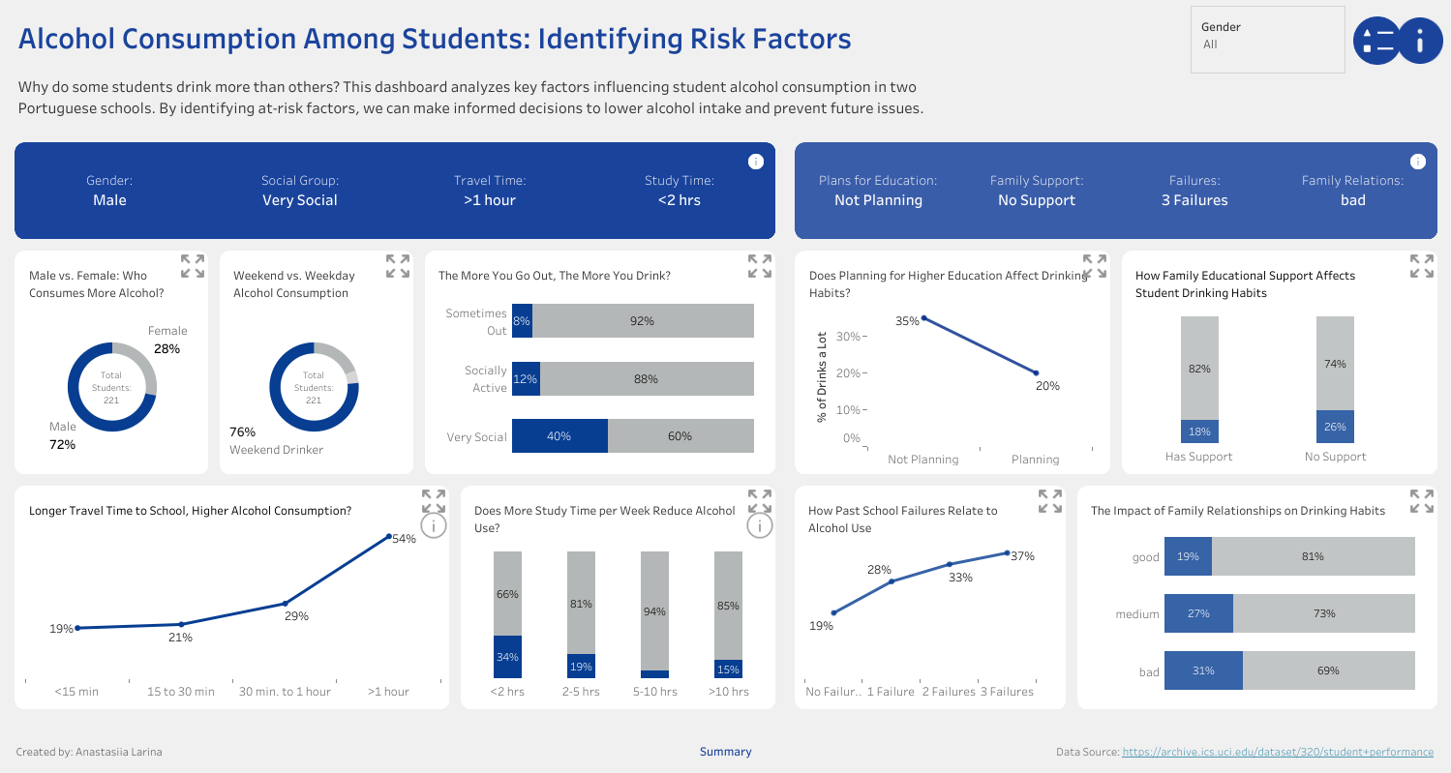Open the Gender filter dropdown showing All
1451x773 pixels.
1268,45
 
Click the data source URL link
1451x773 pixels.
1278,752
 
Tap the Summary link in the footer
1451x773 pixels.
725,752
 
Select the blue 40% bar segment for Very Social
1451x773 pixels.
559,436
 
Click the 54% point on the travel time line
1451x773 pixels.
389,536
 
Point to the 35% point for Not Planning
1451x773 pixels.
923,317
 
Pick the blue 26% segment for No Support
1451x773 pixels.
1335,427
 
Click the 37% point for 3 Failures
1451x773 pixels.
1007,553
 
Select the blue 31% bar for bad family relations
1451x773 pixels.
1203,670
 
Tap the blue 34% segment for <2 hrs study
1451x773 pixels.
507,657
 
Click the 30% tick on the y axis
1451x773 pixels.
849,337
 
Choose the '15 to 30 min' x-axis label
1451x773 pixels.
181,692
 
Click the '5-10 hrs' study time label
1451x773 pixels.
654,692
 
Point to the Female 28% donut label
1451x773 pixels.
167,340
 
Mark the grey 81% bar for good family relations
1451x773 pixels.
1313,556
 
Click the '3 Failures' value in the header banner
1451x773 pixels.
1194,200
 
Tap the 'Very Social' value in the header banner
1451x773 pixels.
300,200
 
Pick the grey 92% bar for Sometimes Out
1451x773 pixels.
643,321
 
